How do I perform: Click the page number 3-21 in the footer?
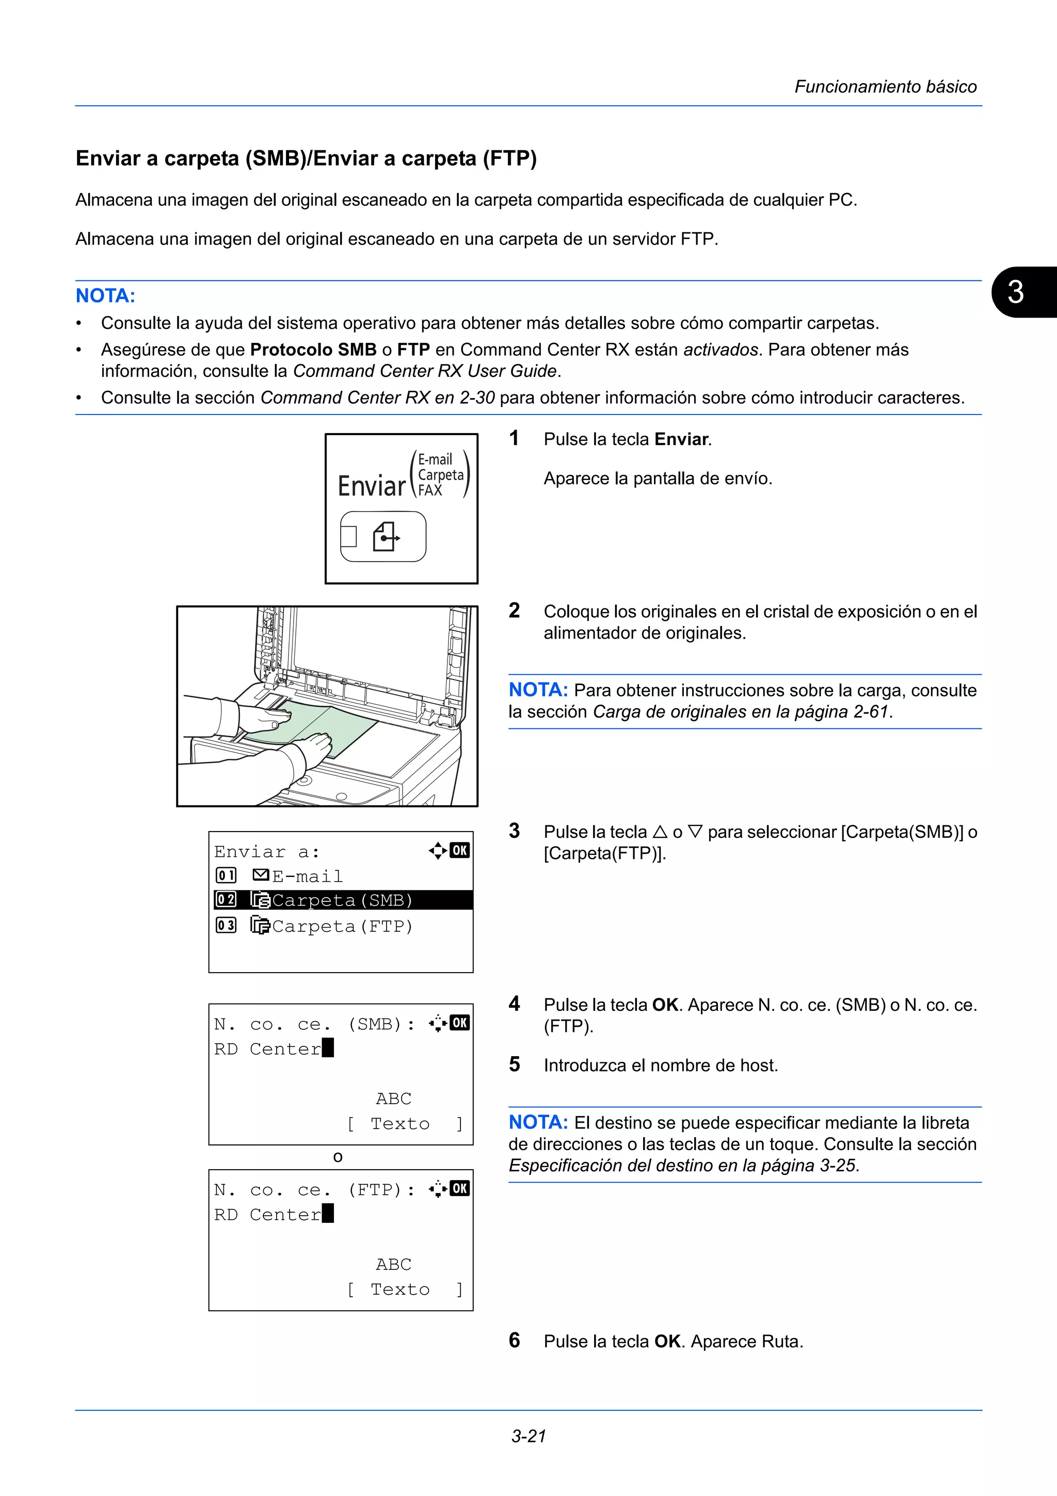coord(528,1436)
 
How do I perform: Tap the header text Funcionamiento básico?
coord(885,87)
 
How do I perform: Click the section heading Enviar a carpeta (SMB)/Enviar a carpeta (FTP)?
coord(306,158)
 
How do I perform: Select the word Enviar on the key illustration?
coord(371,486)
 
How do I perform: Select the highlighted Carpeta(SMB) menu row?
coord(342,900)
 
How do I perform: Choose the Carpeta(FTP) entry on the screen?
coord(342,926)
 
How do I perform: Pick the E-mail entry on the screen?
coord(307,876)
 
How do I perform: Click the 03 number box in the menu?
coord(226,925)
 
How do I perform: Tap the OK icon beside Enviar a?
coord(460,850)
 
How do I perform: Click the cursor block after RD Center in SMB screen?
coord(328,1048)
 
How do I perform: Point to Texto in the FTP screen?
coord(400,1290)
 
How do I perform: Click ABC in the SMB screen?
coord(393,1099)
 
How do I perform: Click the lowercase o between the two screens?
coord(338,1157)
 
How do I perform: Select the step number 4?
coord(514,1004)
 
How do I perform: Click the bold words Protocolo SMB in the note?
coord(313,350)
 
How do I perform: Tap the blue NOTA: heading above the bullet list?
coord(105,296)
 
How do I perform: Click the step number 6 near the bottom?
coord(514,1340)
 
